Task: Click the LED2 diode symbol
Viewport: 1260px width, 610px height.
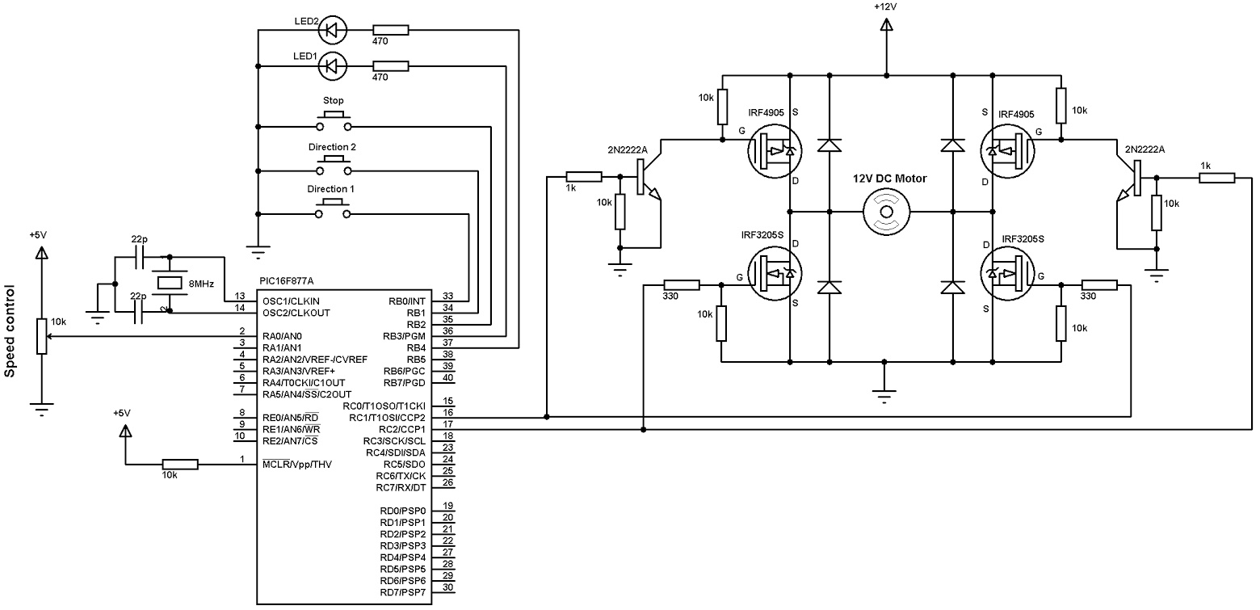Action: click(x=333, y=31)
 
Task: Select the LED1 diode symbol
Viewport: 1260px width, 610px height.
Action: click(x=333, y=66)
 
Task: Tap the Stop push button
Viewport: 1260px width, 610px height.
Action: click(x=334, y=121)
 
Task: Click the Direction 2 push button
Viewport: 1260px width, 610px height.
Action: click(x=334, y=166)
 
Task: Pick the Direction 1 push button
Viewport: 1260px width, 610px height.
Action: click(x=334, y=209)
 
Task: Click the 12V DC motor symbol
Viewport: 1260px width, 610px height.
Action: click(x=887, y=212)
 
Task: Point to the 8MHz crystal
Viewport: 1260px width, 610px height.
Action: click(x=170, y=284)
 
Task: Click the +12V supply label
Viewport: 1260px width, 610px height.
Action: click(x=885, y=6)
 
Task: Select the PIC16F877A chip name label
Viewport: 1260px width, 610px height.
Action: click(x=287, y=281)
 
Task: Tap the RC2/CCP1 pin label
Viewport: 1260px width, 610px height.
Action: click(x=401, y=429)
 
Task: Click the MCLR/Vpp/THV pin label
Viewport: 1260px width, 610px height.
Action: click(x=297, y=465)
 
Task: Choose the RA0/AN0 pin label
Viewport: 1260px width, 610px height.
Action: click(x=282, y=336)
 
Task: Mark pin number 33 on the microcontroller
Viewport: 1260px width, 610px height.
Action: click(x=447, y=296)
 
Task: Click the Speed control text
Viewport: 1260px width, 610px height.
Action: click(x=10, y=331)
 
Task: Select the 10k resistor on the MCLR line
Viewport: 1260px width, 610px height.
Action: click(x=180, y=465)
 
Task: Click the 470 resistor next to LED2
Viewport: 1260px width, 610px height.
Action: click(x=391, y=31)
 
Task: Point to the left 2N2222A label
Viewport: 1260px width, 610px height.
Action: click(x=628, y=149)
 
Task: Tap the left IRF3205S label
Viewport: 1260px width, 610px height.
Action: click(x=762, y=235)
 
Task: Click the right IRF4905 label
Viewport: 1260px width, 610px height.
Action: click(x=1016, y=114)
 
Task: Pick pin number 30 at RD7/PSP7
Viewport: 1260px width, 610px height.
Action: click(x=447, y=587)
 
